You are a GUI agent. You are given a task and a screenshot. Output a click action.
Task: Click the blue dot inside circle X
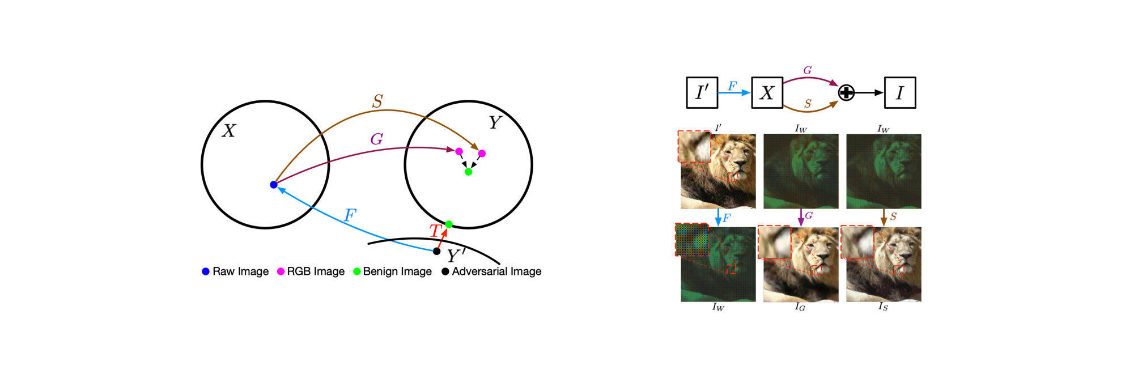click(x=274, y=185)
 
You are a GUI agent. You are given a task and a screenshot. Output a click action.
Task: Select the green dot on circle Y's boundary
click(x=449, y=224)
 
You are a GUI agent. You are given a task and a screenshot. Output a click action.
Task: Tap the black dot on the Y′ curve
click(x=436, y=251)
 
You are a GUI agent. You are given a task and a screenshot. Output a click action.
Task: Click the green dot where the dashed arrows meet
click(x=468, y=172)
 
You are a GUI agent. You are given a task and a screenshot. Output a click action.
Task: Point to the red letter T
click(x=435, y=231)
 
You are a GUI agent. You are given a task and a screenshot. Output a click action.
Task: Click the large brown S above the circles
click(x=377, y=101)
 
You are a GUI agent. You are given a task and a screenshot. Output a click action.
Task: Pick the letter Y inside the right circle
click(x=495, y=122)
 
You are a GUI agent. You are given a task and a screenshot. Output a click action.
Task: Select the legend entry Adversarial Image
click(x=491, y=271)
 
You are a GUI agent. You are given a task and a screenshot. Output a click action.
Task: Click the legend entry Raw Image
click(x=235, y=271)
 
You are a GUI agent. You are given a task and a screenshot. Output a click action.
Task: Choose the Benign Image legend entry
click(x=392, y=271)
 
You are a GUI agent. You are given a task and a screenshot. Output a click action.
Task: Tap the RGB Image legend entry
click(x=311, y=271)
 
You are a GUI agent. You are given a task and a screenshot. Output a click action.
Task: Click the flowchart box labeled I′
click(x=702, y=92)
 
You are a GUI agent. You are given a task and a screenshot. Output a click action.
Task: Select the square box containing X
click(x=767, y=92)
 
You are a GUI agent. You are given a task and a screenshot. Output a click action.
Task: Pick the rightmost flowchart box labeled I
click(x=900, y=92)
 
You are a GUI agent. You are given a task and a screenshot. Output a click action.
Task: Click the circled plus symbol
click(x=846, y=92)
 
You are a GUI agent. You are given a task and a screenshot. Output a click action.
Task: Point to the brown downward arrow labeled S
click(x=884, y=217)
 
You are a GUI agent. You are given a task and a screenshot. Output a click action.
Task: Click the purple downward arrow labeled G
click(x=801, y=217)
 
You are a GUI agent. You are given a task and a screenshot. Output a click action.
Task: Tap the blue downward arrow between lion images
click(x=718, y=217)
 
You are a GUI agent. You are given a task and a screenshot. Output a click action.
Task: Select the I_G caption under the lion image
click(x=800, y=307)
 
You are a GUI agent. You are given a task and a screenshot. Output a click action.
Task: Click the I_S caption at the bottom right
click(x=883, y=307)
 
